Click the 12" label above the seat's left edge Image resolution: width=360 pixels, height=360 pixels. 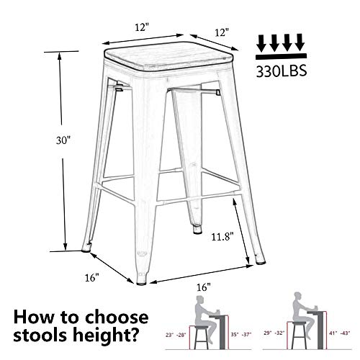point(141,27)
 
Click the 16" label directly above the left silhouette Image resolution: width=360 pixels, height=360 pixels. point(204,287)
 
